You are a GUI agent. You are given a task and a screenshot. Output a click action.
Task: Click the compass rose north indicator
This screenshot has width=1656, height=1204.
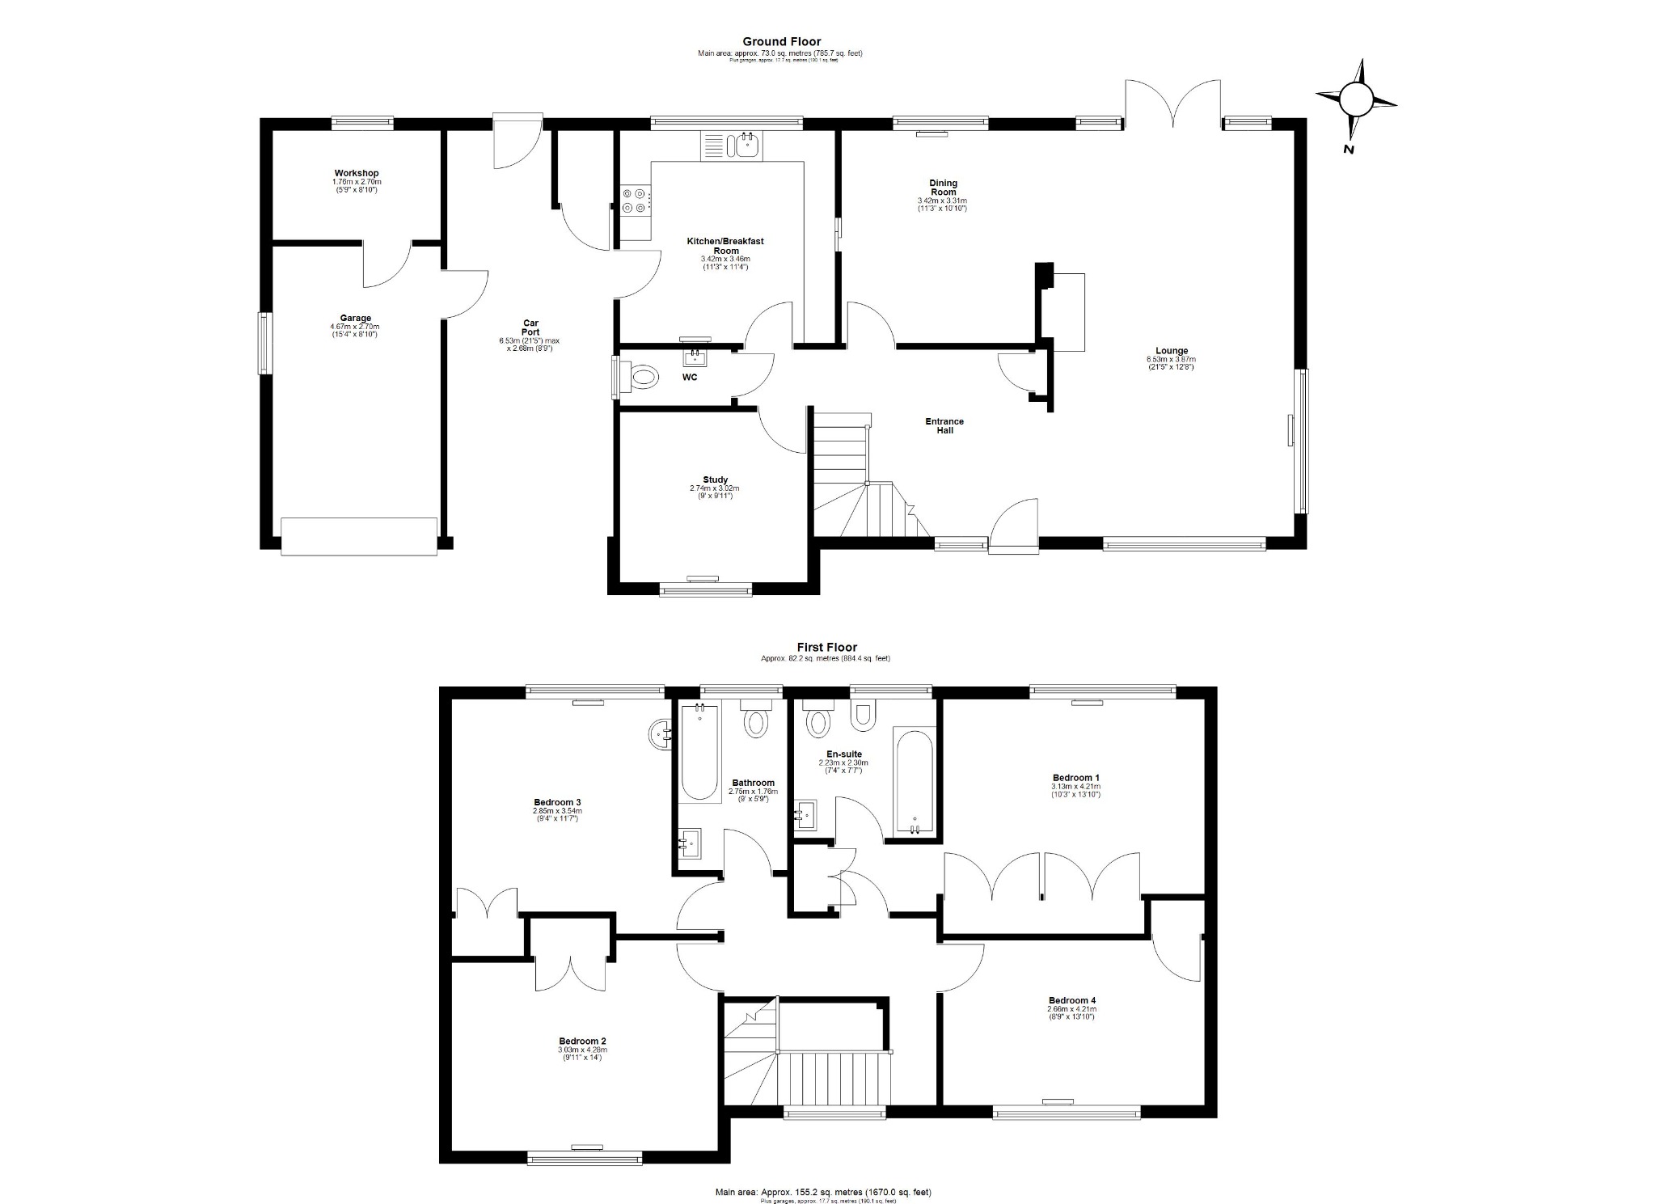[x=1356, y=101]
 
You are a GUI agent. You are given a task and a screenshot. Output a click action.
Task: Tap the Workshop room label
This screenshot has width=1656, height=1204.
[x=357, y=173]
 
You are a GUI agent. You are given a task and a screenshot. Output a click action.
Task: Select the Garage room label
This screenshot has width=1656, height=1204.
[x=355, y=318]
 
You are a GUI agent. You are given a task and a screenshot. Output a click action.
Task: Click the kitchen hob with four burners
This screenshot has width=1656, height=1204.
[x=635, y=201]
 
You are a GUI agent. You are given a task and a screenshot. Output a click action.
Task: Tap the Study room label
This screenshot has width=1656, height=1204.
[x=715, y=479]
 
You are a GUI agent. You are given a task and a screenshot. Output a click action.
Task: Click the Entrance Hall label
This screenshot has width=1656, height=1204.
[x=944, y=425]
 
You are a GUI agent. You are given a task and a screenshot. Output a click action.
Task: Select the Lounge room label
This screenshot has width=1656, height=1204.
[x=1171, y=351]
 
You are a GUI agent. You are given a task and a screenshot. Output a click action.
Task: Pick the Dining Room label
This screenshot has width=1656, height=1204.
[x=943, y=188]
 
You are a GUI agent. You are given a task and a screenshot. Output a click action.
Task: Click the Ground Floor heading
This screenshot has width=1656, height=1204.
[x=781, y=41]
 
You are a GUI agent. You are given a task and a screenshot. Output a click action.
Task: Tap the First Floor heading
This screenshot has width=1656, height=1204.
[x=826, y=647]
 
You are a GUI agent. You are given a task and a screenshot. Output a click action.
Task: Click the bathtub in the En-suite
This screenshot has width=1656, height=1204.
[x=915, y=782]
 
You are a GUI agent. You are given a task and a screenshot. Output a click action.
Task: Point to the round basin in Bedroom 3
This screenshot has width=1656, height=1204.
[x=661, y=735]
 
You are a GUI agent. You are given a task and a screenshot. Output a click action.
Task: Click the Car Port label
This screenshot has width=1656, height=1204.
[x=530, y=327]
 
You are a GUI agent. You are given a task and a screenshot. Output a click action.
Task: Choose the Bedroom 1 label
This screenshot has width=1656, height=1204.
[x=1075, y=778]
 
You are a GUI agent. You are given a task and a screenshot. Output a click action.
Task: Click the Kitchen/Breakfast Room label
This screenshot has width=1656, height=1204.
[x=724, y=246]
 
